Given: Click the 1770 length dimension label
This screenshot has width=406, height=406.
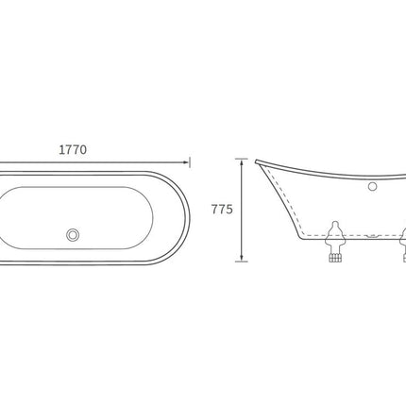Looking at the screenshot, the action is click(73, 150).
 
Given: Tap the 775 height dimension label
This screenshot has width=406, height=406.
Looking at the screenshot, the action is click(222, 210).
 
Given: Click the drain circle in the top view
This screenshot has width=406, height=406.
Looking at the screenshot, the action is click(73, 235).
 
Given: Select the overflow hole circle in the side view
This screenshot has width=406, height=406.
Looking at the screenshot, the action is click(373, 186).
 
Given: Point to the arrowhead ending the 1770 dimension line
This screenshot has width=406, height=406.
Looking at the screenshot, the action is click(186, 162).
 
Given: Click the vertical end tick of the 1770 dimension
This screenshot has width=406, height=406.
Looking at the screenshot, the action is click(190, 162).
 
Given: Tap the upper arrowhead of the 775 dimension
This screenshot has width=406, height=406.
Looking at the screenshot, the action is click(242, 162).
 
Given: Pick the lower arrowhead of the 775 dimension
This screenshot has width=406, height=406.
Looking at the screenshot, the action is click(242, 258).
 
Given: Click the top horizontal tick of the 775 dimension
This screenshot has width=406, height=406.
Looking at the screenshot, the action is click(242, 159).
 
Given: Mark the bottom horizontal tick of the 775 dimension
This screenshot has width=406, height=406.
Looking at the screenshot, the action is click(242, 262).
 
